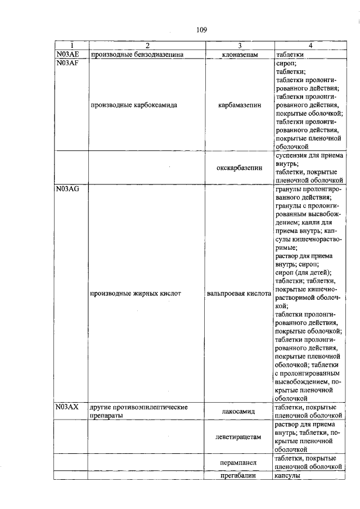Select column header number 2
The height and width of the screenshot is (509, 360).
click(146, 46)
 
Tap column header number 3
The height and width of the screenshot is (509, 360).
click(239, 46)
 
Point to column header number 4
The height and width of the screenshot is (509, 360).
click(308, 46)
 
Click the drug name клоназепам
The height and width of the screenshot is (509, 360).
click(239, 55)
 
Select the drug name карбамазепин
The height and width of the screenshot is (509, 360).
click(239, 105)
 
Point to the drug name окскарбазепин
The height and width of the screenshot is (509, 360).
click(239, 168)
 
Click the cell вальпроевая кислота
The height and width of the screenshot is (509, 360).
click(239, 294)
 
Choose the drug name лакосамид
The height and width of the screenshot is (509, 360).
click(239, 412)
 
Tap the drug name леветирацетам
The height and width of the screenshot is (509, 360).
click(239, 436)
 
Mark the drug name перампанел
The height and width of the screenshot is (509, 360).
click(239, 462)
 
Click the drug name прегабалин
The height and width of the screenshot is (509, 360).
click(239, 476)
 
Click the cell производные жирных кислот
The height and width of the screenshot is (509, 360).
click(136, 294)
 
